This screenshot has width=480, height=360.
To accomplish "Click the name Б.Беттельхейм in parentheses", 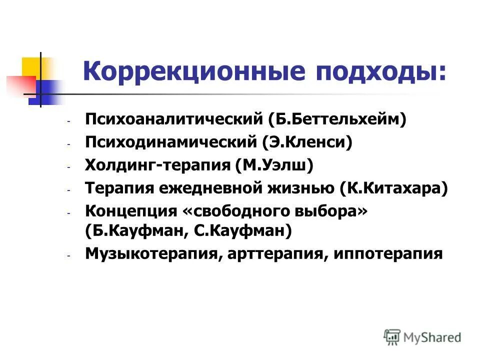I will click(337, 120).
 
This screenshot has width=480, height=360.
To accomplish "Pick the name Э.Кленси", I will click(307, 143).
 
